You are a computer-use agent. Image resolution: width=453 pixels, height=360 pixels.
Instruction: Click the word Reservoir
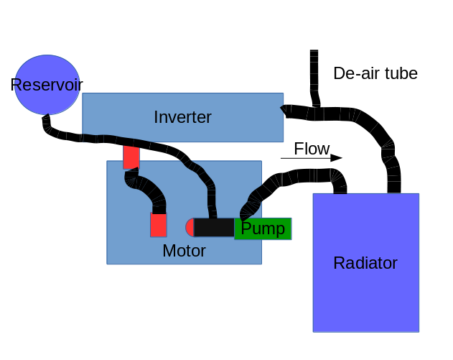pos(46,85)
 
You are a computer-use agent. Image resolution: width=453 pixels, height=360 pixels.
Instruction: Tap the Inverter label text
pos(182,117)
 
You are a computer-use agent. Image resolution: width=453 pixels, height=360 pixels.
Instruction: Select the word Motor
pos(184,251)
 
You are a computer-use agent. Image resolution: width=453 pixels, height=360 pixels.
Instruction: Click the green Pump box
pos(263,229)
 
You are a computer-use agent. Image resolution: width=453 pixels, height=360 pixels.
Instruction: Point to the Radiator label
pos(365,263)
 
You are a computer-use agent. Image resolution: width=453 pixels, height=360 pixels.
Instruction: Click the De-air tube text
pos(375,73)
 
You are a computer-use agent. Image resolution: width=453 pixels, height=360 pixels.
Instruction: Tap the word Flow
pos(312,149)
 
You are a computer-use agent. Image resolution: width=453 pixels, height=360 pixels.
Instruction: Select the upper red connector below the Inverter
pos(131,157)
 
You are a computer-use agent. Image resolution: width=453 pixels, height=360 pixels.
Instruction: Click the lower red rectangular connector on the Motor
pos(159,225)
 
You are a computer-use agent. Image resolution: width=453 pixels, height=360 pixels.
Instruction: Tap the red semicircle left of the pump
pos(190,228)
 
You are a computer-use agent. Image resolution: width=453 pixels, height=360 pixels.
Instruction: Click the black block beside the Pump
pos(214,228)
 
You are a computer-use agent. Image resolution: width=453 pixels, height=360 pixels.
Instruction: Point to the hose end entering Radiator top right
pos(394,186)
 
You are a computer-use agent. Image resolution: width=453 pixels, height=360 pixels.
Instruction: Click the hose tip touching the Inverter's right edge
pos(285,110)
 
